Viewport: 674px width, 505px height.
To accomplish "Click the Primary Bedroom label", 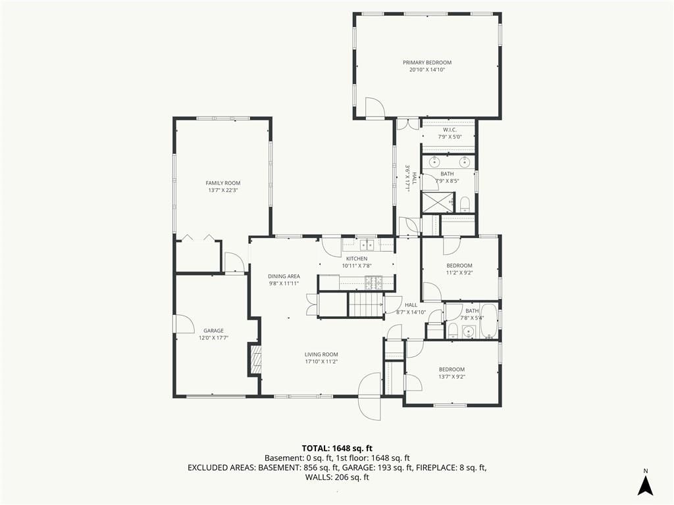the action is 427,62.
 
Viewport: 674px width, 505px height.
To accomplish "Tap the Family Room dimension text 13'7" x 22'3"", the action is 222,190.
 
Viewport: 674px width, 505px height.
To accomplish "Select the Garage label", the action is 213,331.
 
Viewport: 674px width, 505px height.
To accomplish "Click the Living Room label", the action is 321,354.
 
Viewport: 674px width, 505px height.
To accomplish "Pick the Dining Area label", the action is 284,277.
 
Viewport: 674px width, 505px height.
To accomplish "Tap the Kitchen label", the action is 357,258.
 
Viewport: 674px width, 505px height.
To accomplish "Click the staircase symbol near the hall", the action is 365,305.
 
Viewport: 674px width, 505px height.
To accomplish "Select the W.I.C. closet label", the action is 450,130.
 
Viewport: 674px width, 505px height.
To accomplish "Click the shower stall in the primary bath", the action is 438,202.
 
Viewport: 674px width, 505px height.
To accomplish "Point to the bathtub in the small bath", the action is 488,321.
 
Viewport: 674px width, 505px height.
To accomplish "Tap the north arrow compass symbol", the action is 645,485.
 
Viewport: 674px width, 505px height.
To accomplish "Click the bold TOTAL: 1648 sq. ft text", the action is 337,448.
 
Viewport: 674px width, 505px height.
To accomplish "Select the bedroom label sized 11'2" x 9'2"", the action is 459,266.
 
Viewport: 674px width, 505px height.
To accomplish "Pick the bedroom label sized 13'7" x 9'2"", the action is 452,370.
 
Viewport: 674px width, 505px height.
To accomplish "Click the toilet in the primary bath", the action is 465,204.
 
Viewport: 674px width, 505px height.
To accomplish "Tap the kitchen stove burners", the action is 374,281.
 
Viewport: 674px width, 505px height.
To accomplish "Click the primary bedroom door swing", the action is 375,107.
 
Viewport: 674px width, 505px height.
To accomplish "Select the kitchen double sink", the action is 367,245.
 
